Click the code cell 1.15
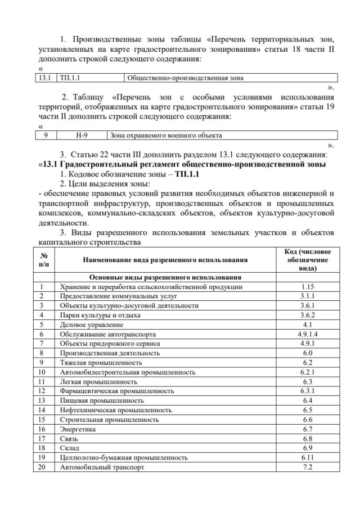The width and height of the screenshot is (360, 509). pos(307,287)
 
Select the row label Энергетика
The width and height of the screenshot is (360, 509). pos(78,429)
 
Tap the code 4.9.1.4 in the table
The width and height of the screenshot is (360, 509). pos(307,334)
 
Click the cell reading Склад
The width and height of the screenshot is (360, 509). pos(70,448)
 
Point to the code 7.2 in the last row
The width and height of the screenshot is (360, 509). pos(307,467)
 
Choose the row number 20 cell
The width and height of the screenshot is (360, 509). pos(41,467)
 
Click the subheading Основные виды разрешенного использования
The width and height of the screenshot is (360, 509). pos(165,277)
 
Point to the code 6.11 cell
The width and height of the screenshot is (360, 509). pos(307,458)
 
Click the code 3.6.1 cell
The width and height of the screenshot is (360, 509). pos(307,305)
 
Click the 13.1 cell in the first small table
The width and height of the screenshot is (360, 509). pos(43,78)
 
